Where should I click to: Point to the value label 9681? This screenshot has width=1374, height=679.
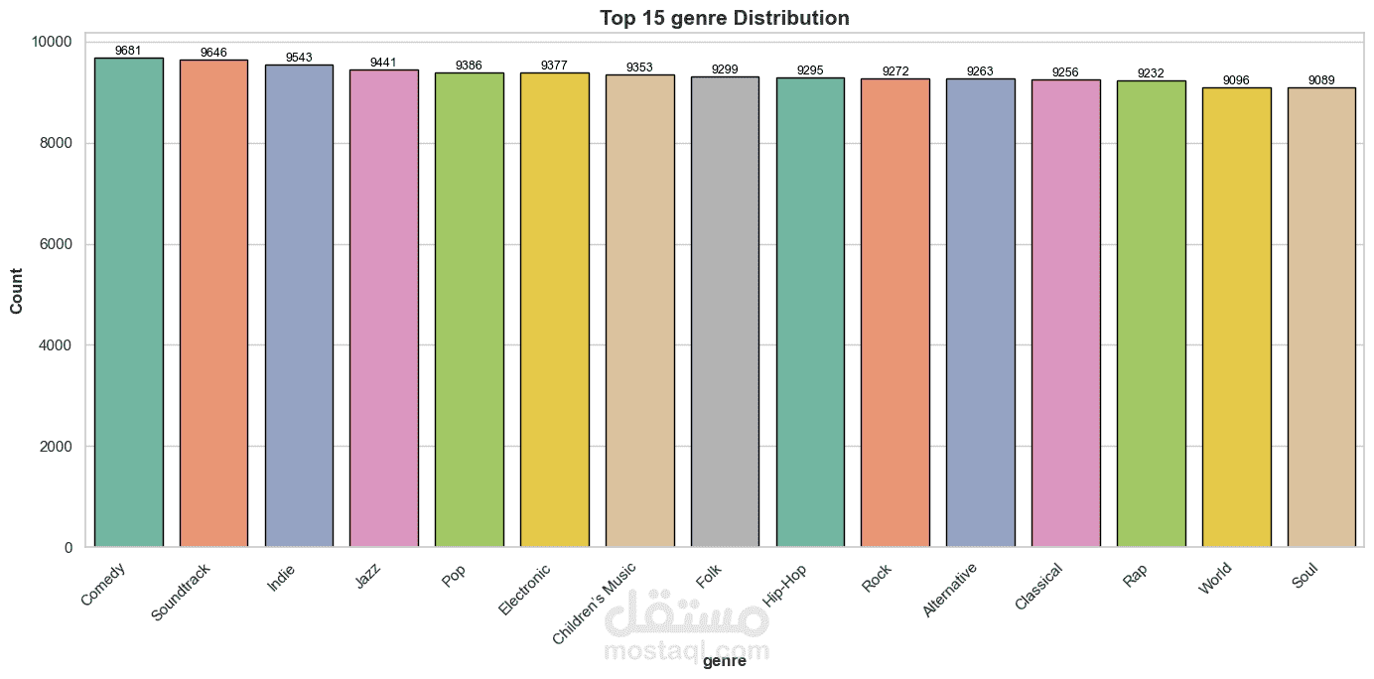pyautogui.click(x=129, y=51)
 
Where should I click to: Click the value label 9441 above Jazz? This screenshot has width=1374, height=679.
pyautogui.click(x=383, y=63)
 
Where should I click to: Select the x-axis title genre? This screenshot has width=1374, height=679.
pyautogui.click(x=724, y=662)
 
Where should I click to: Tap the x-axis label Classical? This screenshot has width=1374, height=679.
pyautogui.click(x=1038, y=587)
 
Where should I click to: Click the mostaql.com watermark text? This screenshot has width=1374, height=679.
pyautogui.click(x=686, y=650)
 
